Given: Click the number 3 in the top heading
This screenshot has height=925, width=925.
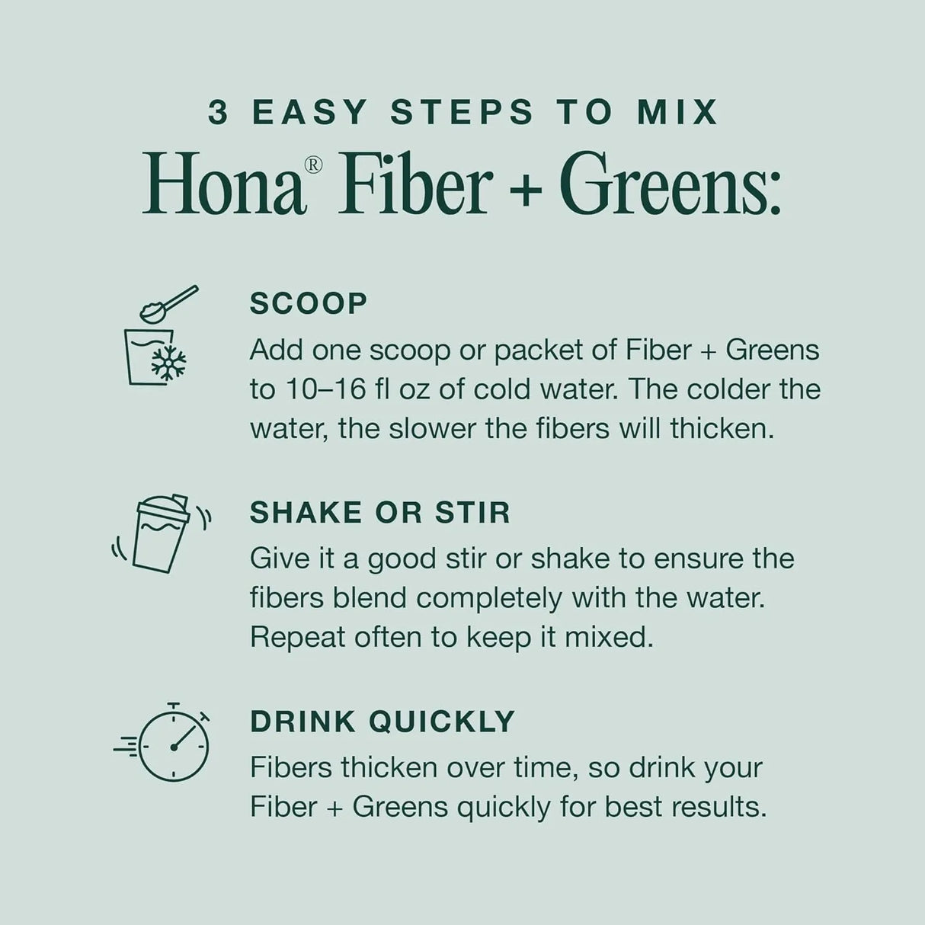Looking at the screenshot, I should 218,113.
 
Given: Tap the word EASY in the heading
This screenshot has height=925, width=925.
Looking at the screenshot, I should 310,113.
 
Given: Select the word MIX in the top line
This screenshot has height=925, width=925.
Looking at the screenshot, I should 677,113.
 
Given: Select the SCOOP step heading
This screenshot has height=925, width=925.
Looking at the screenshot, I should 309,303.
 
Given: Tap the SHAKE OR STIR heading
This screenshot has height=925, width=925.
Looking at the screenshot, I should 380,512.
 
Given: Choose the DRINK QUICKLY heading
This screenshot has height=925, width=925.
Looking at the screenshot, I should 382,721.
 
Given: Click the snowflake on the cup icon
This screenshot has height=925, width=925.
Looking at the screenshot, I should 168,363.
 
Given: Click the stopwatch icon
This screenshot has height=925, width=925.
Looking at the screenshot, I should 174,744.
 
